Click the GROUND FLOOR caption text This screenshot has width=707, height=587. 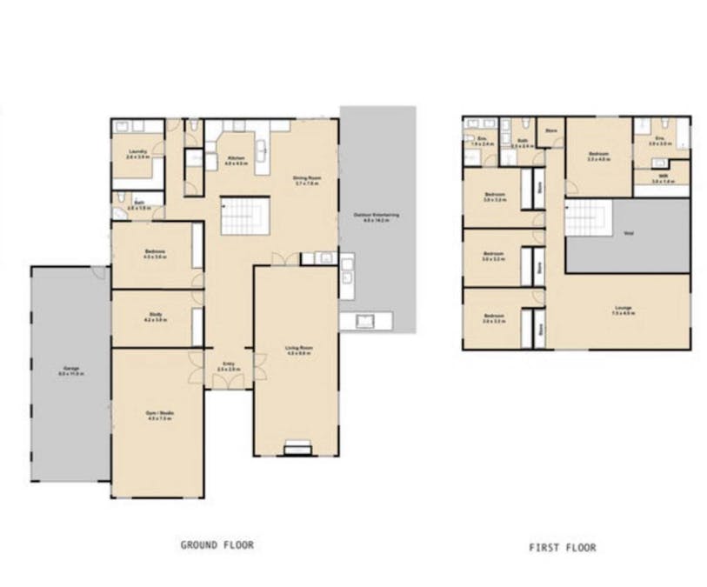pyautogui.click(x=217, y=545)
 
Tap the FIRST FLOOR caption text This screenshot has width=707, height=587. pyautogui.click(x=563, y=548)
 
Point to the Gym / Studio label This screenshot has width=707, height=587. pyautogui.click(x=157, y=416)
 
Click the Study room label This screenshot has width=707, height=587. pyautogui.click(x=157, y=317)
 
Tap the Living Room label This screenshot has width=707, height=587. pyautogui.click(x=297, y=350)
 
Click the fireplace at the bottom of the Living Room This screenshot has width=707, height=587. pyautogui.click(x=297, y=449)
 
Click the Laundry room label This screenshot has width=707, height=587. pyautogui.click(x=136, y=154)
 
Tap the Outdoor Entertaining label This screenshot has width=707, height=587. pyautogui.click(x=377, y=217)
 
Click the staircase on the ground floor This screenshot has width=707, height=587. pyautogui.click(x=244, y=215)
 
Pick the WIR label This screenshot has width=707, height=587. pyautogui.click(x=664, y=178)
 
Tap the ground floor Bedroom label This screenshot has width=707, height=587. pyautogui.click(x=155, y=254)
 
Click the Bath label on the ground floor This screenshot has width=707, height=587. pyautogui.click(x=132, y=207)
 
